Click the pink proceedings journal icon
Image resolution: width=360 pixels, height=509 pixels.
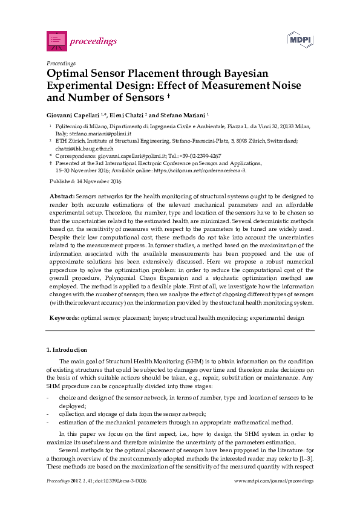[x=56, y=41]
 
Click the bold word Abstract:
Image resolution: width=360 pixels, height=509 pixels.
[x=61, y=196]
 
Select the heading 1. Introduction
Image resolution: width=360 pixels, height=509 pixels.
[x=67, y=350]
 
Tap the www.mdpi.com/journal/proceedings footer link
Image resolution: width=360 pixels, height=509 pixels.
[x=273, y=481]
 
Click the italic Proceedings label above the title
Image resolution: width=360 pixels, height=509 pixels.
[x=61, y=62]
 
